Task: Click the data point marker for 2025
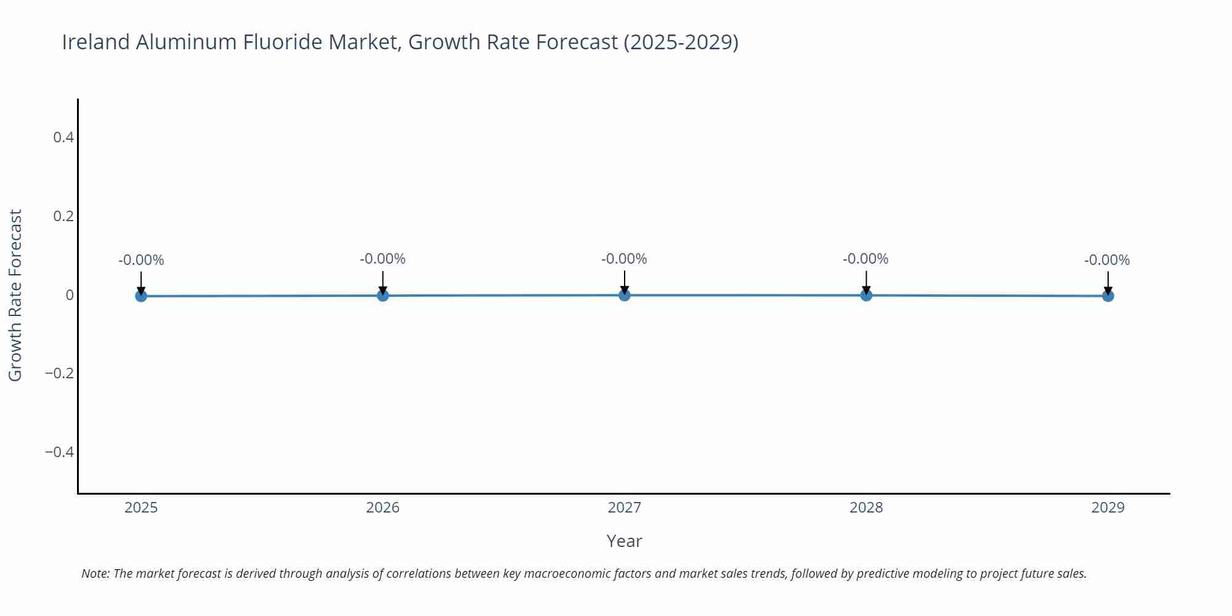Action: tap(141, 296)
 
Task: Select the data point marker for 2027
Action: tap(624, 295)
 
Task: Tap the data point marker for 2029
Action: tap(1108, 296)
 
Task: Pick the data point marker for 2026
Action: tap(383, 296)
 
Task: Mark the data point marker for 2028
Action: tap(866, 295)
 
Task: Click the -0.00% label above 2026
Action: tap(383, 259)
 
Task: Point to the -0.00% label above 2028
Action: tap(865, 259)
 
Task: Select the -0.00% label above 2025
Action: tap(141, 260)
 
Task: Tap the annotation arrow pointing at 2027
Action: tap(624, 282)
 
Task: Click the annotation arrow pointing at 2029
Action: tap(1108, 283)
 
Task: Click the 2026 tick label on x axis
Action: tap(383, 508)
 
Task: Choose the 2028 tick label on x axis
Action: tap(866, 508)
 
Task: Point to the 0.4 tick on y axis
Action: tap(63, 137)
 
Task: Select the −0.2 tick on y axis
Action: tap(59, 373)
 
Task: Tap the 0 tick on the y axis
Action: tap(70, 295)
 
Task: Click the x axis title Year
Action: tap(624, 541)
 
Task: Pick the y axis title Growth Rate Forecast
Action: tap(15, 295)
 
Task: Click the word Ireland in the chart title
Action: tap(96, 42)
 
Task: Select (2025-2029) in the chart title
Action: tap(681, 42)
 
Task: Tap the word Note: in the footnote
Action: tap(95, 573)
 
